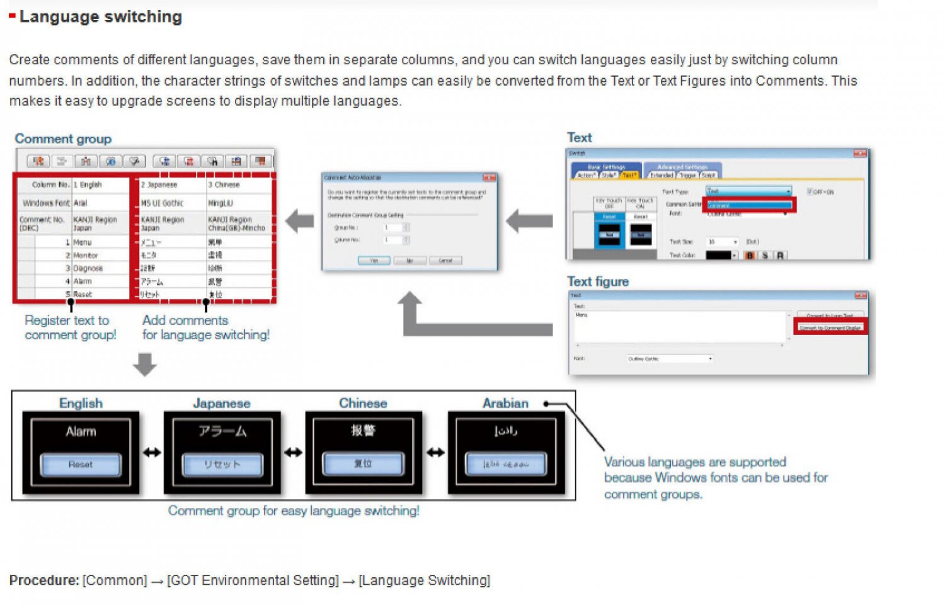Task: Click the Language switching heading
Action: coord(100,17)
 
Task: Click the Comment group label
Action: coord(63,139)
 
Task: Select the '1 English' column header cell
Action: coord(100,184)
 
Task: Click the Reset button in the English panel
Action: coord(81,465)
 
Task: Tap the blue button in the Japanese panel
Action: coord(222,465)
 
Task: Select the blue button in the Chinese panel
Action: coord(363,464)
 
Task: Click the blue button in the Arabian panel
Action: coord(505,465)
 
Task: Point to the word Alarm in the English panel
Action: coord(81,432)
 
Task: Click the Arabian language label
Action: coord(505,404)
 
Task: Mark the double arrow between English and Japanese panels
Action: coord(152,453)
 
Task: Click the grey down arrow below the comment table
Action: coord(145,365)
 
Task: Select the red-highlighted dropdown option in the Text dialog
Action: coord(749,205)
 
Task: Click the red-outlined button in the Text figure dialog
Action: coord(830,327)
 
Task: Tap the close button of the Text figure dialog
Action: coord(861,295)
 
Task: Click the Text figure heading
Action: coord(598,281)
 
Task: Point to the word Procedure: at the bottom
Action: coord(44,580)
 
